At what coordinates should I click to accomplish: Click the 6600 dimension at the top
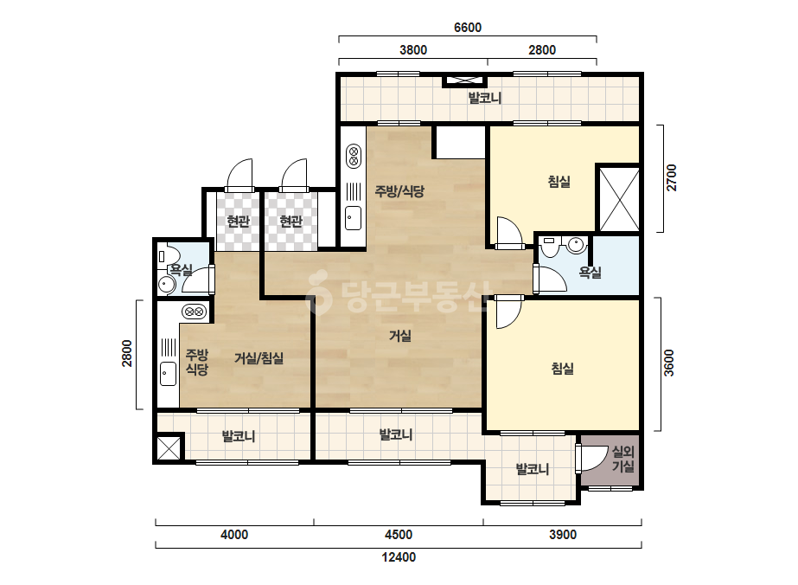click(467, 27)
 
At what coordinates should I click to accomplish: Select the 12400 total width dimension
click(399, 557)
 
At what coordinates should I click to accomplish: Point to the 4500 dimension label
click(399, 535)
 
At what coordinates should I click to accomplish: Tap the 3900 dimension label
click(562, 535)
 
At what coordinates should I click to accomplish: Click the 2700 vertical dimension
click(672, 177)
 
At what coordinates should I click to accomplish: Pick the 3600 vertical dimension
click(669, 363)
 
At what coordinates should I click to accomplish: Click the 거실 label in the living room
click(400, 336)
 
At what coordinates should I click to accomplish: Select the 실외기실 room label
click(622, 459)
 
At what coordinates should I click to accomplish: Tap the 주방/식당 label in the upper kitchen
click(399, 191)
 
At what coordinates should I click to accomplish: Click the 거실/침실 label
click(259, 358)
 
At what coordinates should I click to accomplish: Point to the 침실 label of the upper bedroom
click(559, 182)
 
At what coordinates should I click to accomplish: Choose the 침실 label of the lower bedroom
click(562, 368)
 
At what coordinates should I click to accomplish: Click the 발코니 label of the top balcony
click(484, 98)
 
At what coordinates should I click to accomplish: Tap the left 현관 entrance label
click(238, 222)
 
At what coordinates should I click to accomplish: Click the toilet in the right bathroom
click(549, 247)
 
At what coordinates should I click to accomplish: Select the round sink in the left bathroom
click(166, 284)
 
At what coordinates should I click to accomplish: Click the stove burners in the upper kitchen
click(354, 157)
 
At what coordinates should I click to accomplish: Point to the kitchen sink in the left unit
click(168, 374)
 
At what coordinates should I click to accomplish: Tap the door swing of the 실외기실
click(593, 458)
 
